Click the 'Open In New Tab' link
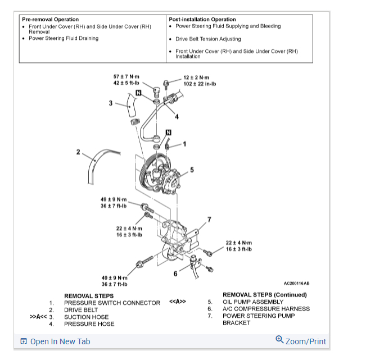[60, 341]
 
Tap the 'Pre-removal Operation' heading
[51, 20]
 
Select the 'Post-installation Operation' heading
[202, 20]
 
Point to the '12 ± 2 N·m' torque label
[196, 78]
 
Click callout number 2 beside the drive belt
[79, 152]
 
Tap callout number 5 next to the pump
[192, 170]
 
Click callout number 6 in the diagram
[175, 274]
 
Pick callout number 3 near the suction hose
[111, 103]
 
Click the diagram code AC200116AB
[296, 284]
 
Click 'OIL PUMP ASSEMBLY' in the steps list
[253, 302]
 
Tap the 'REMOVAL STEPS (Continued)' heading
[265, 295]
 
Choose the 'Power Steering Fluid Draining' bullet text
[64, 39]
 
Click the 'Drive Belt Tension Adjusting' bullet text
[208, 39]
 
